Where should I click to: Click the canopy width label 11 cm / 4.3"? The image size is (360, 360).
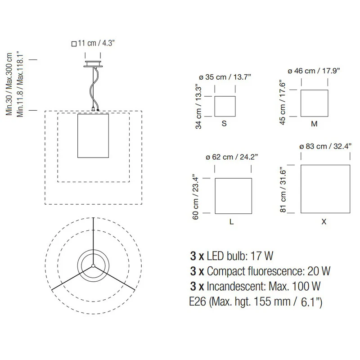pyautogui.click(x=96, y=43)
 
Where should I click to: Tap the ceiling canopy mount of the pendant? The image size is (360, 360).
pyautogui.click(x=93, y=64)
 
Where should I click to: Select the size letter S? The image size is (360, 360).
pyautogui.click(x=224, y=124)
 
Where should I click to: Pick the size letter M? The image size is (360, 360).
pyautogui.click(x=314, y=124)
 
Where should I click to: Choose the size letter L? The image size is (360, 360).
pyautogui.click(x=231, y=222)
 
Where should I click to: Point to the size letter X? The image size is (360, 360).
pyautogui.click(x=324, y=221)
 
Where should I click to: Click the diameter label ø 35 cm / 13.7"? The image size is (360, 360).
pyautogui.click(x=225, y=77)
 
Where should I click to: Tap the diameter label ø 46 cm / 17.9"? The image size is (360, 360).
pyautogui.click(x=314, y=71)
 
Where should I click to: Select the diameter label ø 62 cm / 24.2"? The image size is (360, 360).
pyautogui.click(x=232, y=157)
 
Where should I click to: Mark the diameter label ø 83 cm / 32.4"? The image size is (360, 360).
pyautogui.click(x=325, y=146)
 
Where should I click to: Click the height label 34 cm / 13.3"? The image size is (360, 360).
pyautogui.click(x=198, y=108)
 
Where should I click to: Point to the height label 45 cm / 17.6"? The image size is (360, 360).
pyautogui.click(x=282, y=103)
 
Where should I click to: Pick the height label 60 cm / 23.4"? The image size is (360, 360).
pyautogui.click(x=195, y=198)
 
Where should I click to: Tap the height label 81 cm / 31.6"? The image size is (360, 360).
pyautogui.click(x=283, y=191)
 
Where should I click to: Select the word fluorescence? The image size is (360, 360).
pyautogui.click(x=276, y=271)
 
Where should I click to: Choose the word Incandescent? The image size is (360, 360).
pyautogui.click(x=236, y=286)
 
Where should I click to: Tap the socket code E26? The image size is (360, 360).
pyautogui.click(x=198, y=301)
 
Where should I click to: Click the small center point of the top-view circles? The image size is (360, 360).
pyautogui.click(x=93, y=266)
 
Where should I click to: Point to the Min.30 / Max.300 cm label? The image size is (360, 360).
pyautogui.click(x=9, y=84)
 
